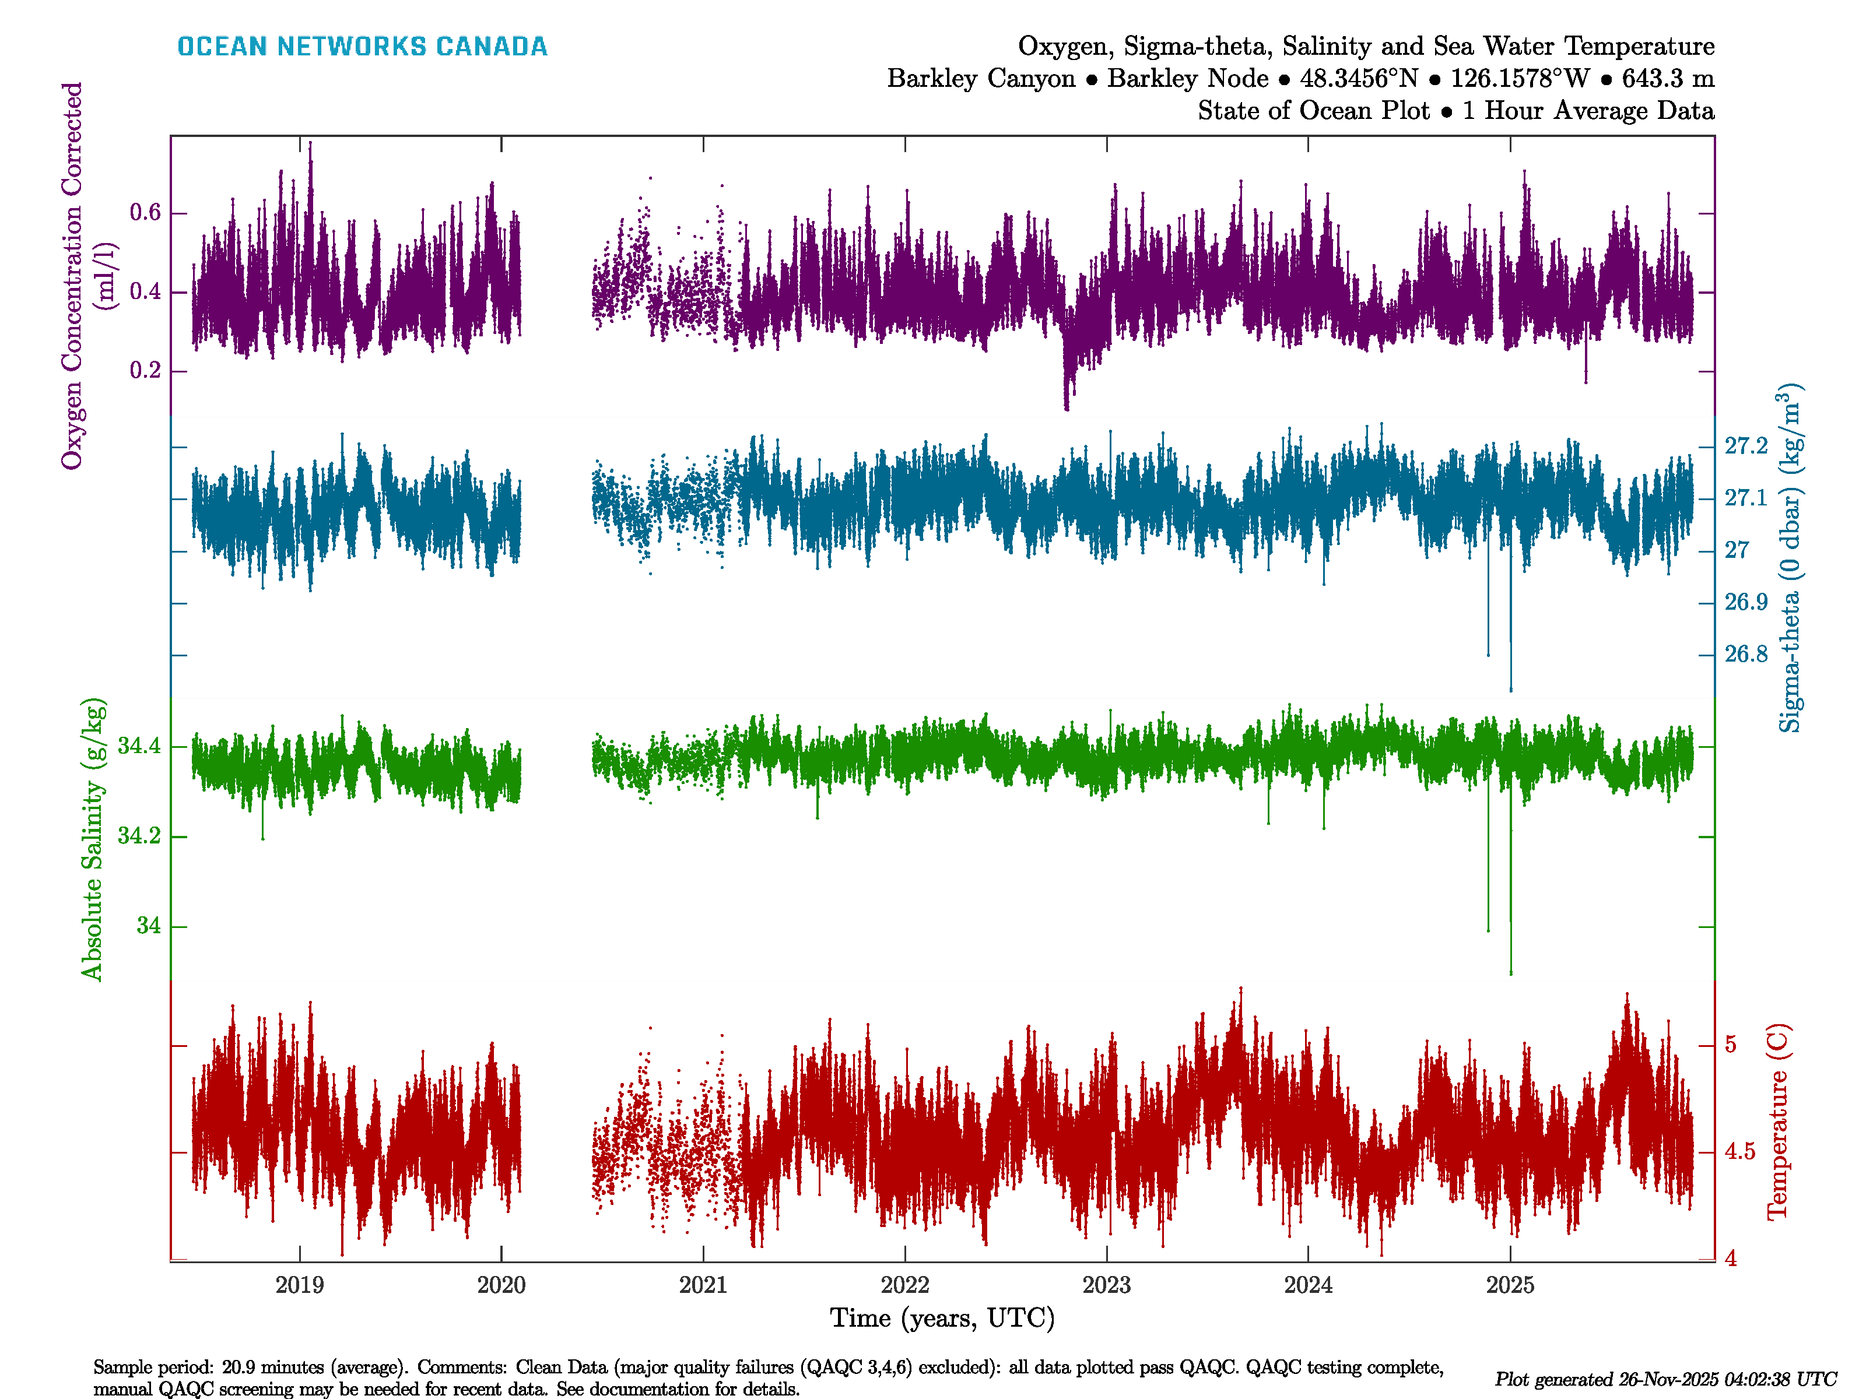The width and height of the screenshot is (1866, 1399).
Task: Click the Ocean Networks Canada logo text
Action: (x=362, y=47)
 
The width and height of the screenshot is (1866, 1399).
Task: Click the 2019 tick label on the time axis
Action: (x=300, y=1285)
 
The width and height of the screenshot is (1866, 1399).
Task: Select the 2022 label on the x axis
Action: (x=904, y=1285)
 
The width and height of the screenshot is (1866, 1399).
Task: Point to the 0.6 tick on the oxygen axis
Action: (x=145, y=213)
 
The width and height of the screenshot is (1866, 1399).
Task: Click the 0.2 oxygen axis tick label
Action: (x=145, y=371)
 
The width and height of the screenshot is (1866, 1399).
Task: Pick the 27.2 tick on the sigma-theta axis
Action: (x=1745, y=446)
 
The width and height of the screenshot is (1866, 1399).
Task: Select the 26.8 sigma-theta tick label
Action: (x=1745, y=655)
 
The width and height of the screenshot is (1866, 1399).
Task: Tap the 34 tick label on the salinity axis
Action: (x=149, y=926)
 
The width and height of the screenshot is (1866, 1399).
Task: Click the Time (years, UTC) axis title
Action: (x=942, y=1318)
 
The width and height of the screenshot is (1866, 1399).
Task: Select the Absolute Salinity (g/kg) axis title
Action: (x=93, y=839)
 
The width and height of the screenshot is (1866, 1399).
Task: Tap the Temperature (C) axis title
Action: (x=1777, y=1122)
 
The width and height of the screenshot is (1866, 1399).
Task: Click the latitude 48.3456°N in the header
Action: (x=1358, y=79)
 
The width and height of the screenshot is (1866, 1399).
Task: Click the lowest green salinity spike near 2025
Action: (x=1510, y=972)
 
